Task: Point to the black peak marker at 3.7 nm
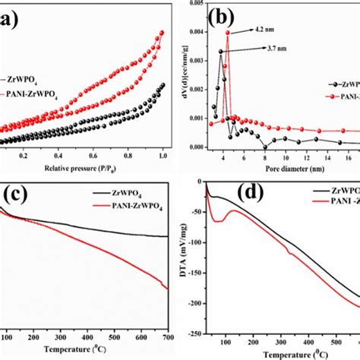pos(221,52)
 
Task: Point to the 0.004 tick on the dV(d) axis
pos(194,32)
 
